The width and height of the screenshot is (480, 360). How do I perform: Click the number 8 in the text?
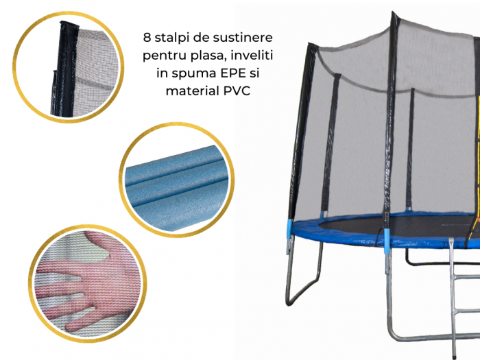(x=147, y=38)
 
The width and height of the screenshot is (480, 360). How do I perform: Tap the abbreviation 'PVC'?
(x=237, y=91)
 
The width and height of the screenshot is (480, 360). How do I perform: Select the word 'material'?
(x=193, y=91)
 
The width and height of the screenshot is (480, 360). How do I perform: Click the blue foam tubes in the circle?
(x=177, y=184)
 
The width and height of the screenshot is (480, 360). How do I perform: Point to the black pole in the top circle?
(x=65, y=69)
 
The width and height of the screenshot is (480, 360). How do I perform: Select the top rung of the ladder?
(x=466, y=276)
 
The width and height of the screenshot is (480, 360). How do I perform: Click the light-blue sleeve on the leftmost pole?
(x=289, y=228)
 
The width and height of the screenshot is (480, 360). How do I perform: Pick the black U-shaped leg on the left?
(x=303, y=272)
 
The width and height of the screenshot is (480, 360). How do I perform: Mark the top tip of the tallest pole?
(x=393, y=12)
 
